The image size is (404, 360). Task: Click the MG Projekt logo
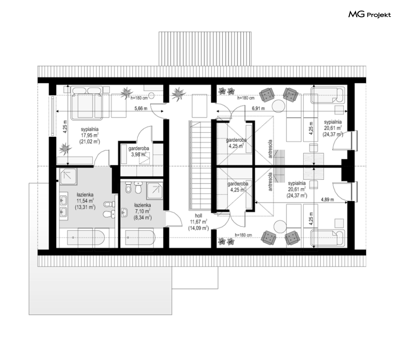pos(369,15)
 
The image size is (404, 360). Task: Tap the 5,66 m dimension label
pos(141,108)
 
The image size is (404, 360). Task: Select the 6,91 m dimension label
pos(258,108)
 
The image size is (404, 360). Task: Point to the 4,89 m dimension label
pos(327,200)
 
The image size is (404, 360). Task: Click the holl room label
pos(199,216)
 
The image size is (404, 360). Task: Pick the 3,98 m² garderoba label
pos(138,152)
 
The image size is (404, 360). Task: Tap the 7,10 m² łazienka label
pos(143,211)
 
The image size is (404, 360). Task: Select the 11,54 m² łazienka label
pos(85,201)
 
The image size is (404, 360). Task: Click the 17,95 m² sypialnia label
pos(90,135)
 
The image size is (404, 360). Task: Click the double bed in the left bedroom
pos(87,104)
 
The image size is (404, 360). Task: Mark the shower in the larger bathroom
pos(68,177)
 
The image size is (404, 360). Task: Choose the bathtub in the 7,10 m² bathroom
pos(140,238)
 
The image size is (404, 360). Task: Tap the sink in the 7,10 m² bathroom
pos(125,213)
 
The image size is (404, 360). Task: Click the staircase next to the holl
pos(200,165)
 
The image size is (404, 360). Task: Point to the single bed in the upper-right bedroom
pos(328,95)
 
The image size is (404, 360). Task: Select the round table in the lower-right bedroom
pos(280,227)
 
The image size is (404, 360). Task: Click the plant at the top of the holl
pos(178,93)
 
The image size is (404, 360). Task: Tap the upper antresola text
pos(270,149)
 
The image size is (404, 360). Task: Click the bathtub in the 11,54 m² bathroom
pos(86,238)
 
